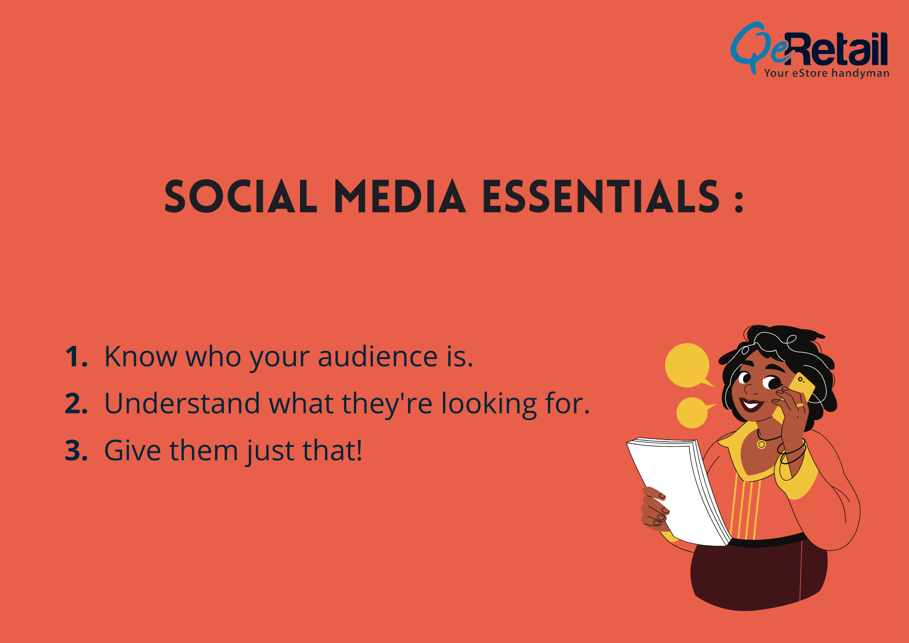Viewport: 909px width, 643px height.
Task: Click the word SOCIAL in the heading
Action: click(241, 196)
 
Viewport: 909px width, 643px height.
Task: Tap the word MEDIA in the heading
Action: click(400, 196)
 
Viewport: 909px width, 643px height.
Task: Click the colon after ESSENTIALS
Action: click(739, 201)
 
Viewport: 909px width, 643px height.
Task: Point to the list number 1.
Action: click(76, 357)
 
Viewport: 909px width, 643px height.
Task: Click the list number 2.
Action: click(76, 404)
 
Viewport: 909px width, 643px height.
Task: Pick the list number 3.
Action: click(76, 451)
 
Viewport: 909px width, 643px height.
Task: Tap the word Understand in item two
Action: click(182, 403)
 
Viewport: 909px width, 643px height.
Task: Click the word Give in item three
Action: click(132, 450)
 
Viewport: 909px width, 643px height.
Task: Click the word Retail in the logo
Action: click(837, 49)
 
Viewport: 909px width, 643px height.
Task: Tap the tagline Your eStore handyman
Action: click(827, 73)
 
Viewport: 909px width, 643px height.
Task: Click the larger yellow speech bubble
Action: click(688, 365)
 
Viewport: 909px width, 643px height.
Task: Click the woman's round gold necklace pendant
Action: click(761, 445)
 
